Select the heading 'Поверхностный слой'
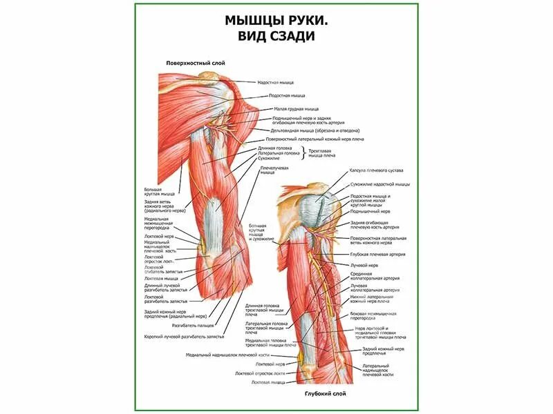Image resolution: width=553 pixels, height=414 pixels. point(196,63)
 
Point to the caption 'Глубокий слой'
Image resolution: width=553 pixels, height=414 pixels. point(325,393)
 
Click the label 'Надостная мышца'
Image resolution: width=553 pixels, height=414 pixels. point(276,82)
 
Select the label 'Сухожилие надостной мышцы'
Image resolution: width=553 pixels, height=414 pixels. point(379,184)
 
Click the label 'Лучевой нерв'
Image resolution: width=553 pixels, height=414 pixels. point(364,264)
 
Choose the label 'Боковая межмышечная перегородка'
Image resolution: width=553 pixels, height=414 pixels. point(377,315)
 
